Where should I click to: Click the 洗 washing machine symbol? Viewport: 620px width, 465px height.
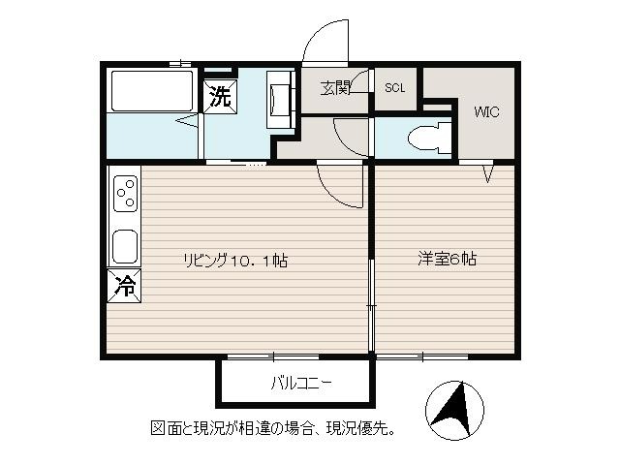point(220,97)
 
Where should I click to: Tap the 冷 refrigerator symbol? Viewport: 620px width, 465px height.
point(124,286)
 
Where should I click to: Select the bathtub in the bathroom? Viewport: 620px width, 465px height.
point(152,91)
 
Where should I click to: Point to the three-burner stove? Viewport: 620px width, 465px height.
point(126,194)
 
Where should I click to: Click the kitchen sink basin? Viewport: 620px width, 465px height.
point(125,247)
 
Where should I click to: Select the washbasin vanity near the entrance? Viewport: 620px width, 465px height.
point(281,99)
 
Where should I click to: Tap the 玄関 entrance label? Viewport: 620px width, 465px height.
point(335,88)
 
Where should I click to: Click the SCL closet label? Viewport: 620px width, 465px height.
point(395,88)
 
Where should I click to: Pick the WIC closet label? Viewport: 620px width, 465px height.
point(486,112)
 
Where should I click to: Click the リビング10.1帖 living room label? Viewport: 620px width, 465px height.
point(235,261)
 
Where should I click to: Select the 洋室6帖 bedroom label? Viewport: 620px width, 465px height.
point(448,259)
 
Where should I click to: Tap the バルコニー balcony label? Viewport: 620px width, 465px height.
point(301,383)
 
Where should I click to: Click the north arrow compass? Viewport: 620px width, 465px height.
point(454,411)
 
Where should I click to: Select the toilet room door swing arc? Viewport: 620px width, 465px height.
point(342,140)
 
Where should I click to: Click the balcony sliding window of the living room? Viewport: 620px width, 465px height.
point(273,357)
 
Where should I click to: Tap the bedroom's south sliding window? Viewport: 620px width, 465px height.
point(422,357)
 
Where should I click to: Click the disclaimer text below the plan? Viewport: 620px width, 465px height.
point(273,428)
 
